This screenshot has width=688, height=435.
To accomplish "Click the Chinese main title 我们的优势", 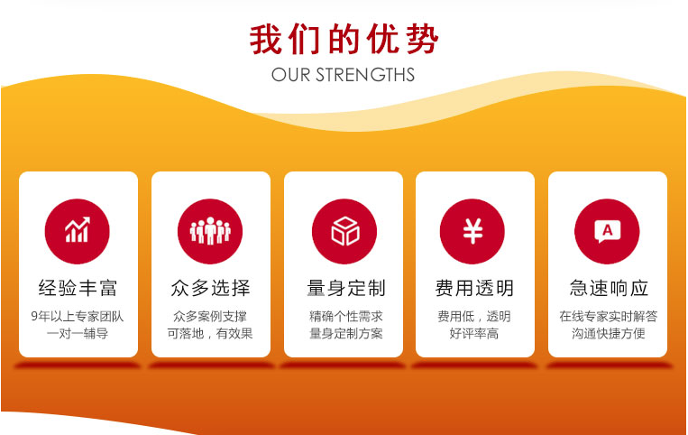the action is pyautogui.click(x=344, y=39).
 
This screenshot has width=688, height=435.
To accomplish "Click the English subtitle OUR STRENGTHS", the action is pyautogui.click(x=344, y=75).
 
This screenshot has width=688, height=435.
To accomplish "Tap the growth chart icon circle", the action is pyautogui.click(x=78, y=231).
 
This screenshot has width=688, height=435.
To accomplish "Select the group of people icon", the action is pyautogui.click(x=210, y=231).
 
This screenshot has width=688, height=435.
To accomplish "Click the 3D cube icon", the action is pyautogui.click(x=344, y=231).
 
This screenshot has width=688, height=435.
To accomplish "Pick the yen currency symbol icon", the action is pyautogui.click(x=472, y=231).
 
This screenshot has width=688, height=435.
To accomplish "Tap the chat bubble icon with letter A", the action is pyautogui.click(x=607, y=231).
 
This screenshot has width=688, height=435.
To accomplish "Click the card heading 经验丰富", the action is pyautogui.click(x=78, y=288).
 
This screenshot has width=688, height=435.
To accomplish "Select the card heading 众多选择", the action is pyautogui.click(x=211, y=288).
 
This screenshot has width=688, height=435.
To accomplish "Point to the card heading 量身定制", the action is pyautogui.click(x=346, y=288).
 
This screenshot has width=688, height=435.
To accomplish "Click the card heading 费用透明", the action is pyautogui.click(x=474, y=288).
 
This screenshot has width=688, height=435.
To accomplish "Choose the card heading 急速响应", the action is pyautogui.click(x=609, y=288).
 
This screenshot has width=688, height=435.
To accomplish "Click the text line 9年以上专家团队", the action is pyautogui.click(x=78, y=316).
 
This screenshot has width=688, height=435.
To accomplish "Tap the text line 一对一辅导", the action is pyautogui.click(x=78, y=334).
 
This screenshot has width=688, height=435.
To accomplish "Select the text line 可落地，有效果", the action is pyautogui.click(x=210, y=334).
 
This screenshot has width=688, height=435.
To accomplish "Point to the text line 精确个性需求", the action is pyautogui.click(x=346, y=316).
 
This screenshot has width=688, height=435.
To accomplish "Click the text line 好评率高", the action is pyautogui.click(x=474, y=334).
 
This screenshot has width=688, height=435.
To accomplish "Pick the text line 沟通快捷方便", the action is pyautogui.click(x=608, y=334).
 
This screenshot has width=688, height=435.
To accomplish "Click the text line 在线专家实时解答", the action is pyautogui.click(x=608, y=316).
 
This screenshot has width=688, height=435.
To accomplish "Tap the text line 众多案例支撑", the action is pyautogui.click(x=210, y=316).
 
